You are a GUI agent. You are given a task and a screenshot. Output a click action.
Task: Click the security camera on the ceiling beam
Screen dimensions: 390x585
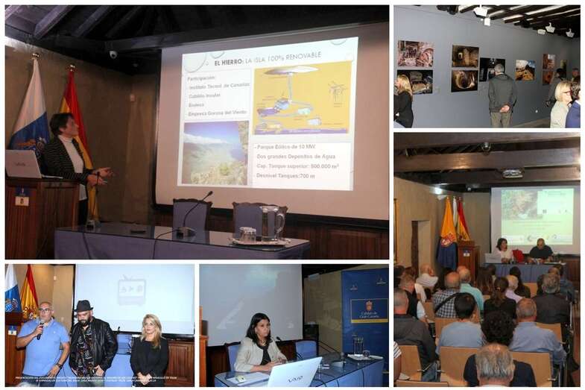click(113, 54)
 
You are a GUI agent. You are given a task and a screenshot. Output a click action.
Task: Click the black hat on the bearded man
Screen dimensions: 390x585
click(83, 306)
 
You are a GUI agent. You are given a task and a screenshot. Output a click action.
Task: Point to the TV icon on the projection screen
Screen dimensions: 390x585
click(131, 291)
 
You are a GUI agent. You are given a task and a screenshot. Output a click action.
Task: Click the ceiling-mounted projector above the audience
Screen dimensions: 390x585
click(512, 173)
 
